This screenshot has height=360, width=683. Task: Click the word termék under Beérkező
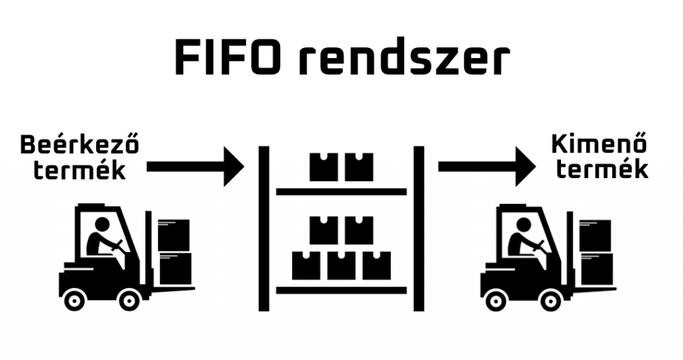[x=80, y=170]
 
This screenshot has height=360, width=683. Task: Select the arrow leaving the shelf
[x=486, y=167]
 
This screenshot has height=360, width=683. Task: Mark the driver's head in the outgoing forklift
[x=524, y=225]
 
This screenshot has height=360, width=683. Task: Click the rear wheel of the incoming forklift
[x=75, y=300]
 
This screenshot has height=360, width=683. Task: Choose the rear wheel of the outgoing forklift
[x=496, y=300]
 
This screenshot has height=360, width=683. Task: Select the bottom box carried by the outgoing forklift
[x=596, y=269]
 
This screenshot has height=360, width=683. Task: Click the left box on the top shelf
[x=323, y=167]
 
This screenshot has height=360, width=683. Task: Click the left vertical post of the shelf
[x=263, y=229]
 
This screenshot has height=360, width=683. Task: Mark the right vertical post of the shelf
[x=419, y=229]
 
